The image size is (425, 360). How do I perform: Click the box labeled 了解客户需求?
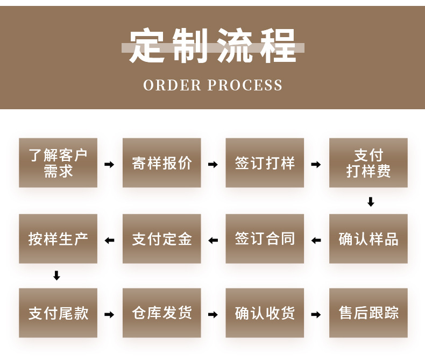click(58, 163)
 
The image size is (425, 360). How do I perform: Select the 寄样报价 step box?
click(162, 163)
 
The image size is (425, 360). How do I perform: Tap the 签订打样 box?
click(265, 163)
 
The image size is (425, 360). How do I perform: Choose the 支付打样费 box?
click(369, 163)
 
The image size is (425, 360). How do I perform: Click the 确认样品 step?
click(369, 238)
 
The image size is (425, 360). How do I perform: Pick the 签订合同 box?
click(265, 238)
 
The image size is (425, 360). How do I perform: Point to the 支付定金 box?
click(162, 238)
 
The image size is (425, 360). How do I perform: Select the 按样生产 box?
click(58, 238)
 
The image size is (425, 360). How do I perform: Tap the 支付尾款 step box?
click(58, 313)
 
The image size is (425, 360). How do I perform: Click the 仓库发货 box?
click(162, 313)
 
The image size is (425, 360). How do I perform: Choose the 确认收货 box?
click(265, 313)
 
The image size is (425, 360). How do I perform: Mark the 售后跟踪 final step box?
click(369, 313)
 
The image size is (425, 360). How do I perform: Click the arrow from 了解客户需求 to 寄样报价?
click(109, 164)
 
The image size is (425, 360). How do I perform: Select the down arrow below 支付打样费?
click(371, 202)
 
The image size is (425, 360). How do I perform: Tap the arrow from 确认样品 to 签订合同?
click(316, 240)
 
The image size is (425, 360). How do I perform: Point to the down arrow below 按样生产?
click(56, 276)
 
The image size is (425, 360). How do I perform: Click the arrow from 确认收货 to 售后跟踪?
click(316, 314)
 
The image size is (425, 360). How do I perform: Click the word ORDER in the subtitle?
click(172, 85)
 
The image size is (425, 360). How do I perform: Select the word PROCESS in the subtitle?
click(245, 85)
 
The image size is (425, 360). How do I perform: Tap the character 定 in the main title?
click(147, 45)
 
